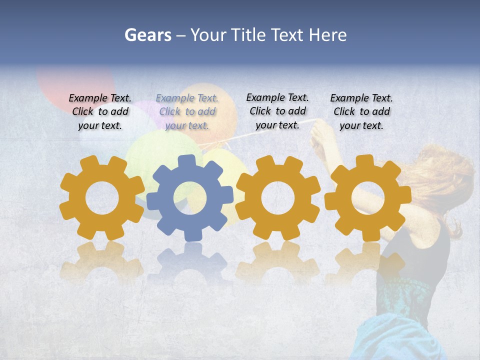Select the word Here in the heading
click(327, 35)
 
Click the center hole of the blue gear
click(190, 198)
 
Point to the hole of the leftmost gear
click(102, 198)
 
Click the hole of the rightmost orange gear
click(367, 198)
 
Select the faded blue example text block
click(187, 111)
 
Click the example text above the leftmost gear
click(100, 111)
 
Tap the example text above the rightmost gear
click(361, 111)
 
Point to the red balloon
click(75, 80)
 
